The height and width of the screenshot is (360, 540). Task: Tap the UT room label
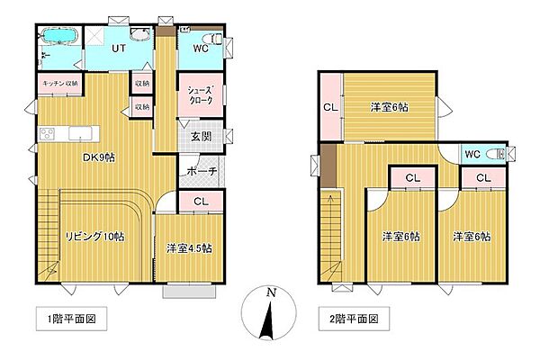click(118, 49)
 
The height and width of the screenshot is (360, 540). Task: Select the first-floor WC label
click(201, 50)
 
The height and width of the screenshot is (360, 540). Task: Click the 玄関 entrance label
click(199, 138)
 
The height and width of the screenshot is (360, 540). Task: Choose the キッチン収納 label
click(60, 83)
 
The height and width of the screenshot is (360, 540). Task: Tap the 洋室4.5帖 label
click(188, 247)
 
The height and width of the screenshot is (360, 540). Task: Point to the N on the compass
click(269, 293)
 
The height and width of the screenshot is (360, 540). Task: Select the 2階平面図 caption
click(349, 318)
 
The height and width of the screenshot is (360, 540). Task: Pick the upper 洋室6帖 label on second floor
click(389, 107)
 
